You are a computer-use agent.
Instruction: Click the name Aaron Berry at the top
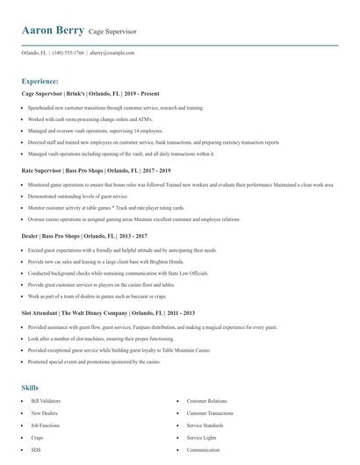coord(53,31)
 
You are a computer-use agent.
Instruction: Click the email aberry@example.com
coord(112,53)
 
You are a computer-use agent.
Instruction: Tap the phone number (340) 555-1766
coord(68,53)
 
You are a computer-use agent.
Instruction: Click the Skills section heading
coord(30,387)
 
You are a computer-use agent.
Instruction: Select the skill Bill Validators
coord(45,400)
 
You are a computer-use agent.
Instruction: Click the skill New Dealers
coord(44,412)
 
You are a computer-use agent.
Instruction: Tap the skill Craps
coord(38,437)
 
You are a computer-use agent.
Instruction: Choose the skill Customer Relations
coord(207,400)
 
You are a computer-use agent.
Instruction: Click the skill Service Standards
coord(205,425)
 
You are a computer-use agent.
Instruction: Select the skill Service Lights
coord(201,437)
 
